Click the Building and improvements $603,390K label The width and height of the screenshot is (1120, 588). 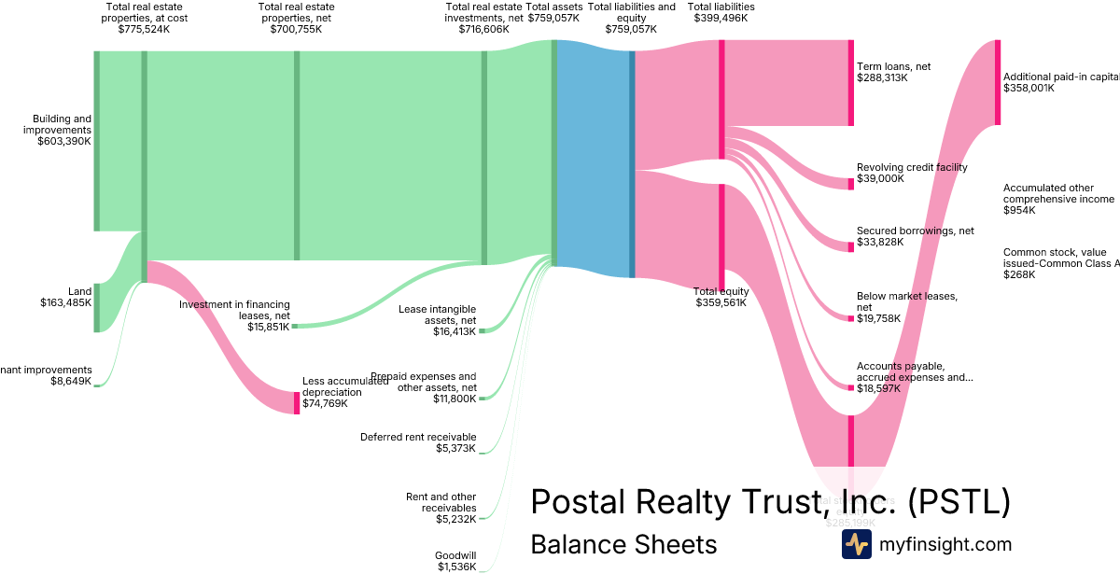pyautogui.click(x=62, y=130)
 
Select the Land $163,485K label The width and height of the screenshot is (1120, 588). pyautogui.click(x=66, y=297)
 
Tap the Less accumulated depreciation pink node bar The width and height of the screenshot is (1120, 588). pyautogui.click(x=297, y=402)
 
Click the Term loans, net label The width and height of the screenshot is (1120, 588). pyautogui.click(x=892, y=72)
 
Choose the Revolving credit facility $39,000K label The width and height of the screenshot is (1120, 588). pyautogui.click(x=911, y=173)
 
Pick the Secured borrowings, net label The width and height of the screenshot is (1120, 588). pyautogui.click(x=915, y=236)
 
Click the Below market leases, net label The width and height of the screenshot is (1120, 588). pyautogui.click(x=906, y=307)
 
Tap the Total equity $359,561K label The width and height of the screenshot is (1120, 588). pyautogui.click(x=721, y=297)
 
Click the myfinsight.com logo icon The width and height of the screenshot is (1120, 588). pyautogui.click(x=856, y=544)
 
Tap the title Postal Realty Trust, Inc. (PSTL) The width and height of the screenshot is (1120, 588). pyautogui.click(x=770, y=502)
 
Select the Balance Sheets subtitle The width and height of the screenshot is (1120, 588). pyautogui.click(x=623, y=544)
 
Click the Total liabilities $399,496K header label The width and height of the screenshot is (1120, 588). pyautogui.click(x=721, y=12)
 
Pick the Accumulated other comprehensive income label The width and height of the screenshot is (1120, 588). pyautogui.click(x=1058, y=199)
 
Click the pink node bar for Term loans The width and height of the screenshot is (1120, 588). pyautogui.click(x=850, y=83)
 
